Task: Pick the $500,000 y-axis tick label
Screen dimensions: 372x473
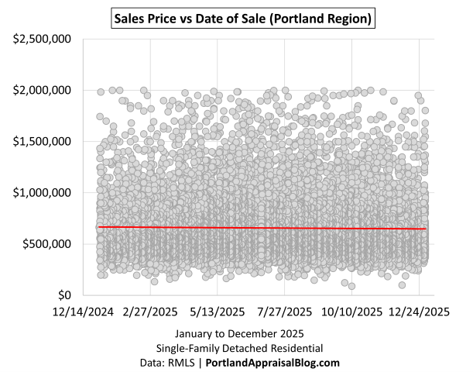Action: pyautogui.click(x=48, y=243)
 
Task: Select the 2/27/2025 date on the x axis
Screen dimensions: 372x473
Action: pyautogui.click(x=150, y=312)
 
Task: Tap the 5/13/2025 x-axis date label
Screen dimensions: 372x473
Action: pyautogui.click(x=218, y=312)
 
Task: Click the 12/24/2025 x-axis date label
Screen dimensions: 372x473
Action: pyautogui.click(x=420, y=312)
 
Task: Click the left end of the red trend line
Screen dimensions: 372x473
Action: pyautogui.click(x=99, y=226)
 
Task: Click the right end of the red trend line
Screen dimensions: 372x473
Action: pyautogui.click(x=425, y=229)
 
